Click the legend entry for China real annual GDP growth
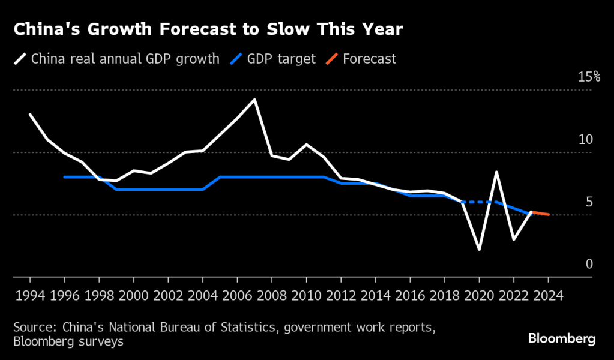pyautogui.click(x=117, y=59)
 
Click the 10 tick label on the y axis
pyautogui.click(x=585, y=139)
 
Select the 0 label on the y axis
pyautogui.click(x=589, y=264)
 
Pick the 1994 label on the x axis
pyautogui.click(x=30, y=296)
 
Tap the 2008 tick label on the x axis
pyautogui.click(x=272, y=296)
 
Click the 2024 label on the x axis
pyautogui.click(x=548, y=296)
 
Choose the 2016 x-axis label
pyautogui.click(x=410, y=296)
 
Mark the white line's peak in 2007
pyautogui.click(x=254, y=100)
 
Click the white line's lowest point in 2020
pyautogui.click(x=479, y=249)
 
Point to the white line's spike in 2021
pyautogui.click(x=496, y=173)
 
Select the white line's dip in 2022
pyautogui.click(x=514, y=239)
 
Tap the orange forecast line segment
pyautogui.click(x=540, y=213)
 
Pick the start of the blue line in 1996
pyautogui.click(x=65, y=177)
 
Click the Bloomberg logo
pyautogui.click(x=561, y=339)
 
